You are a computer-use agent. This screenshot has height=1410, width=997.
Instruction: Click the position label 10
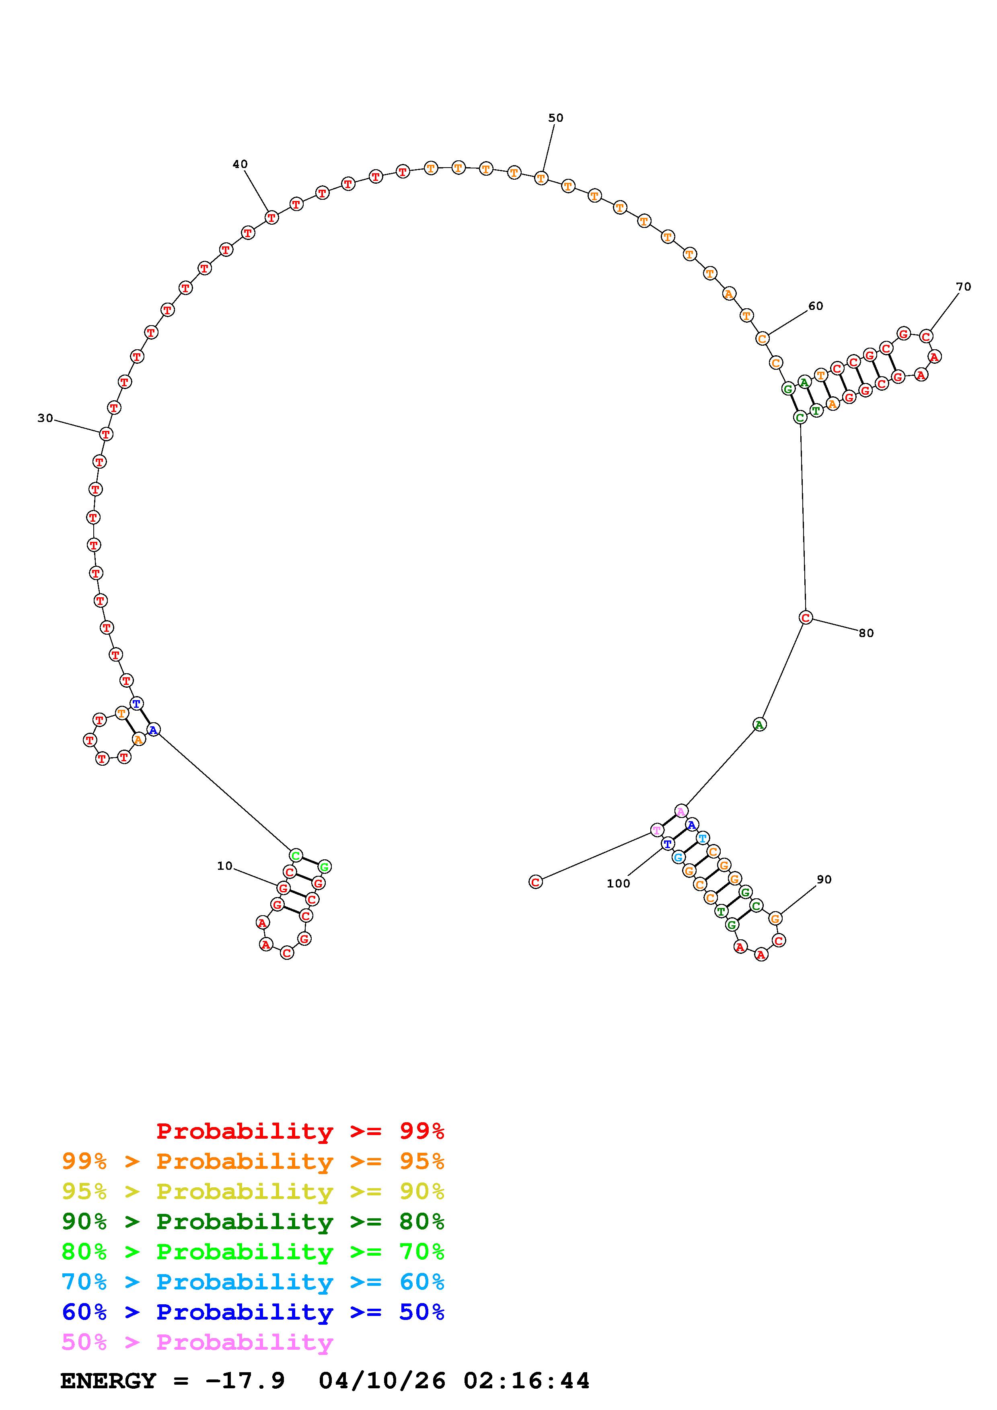[225, 866]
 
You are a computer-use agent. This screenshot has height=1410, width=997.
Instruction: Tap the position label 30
[45, 418]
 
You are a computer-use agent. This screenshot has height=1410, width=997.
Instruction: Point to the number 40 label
[240, 164]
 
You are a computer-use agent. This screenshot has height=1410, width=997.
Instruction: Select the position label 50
[556, 118]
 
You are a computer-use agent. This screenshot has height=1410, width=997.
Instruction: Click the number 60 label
[816, 306]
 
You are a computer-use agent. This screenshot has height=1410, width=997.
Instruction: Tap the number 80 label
[866, 633]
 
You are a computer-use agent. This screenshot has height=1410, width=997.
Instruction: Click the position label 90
[824, 879]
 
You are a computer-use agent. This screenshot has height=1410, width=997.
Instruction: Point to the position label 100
[619, 884]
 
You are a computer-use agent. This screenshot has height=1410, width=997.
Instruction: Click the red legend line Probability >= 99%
[300, 1131]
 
